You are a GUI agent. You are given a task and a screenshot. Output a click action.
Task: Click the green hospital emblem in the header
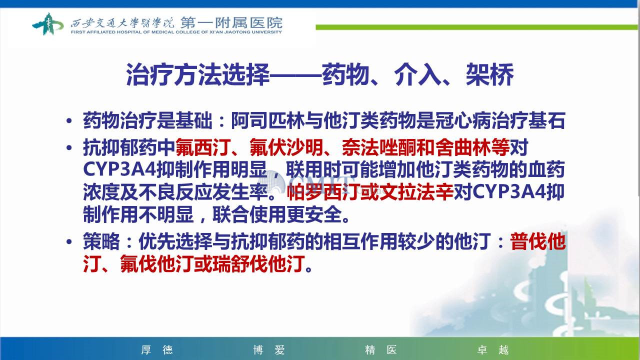(x=47, y=24)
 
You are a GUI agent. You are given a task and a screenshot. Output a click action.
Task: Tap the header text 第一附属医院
(x=231, y=22)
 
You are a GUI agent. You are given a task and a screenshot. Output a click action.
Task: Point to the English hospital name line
(x=176, y=32)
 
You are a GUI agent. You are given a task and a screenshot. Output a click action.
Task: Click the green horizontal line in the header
(x=476, y=27)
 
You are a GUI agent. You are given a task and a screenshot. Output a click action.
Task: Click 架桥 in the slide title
(x=489, y=74)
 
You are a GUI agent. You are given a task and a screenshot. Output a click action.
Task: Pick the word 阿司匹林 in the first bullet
(x=267, y=120)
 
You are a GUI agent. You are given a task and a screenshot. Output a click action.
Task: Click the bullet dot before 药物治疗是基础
(x=69, y=121)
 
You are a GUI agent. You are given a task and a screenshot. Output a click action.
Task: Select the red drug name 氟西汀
(x=203, y=147)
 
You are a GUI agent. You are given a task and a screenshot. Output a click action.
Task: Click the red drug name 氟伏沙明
(x=286, y=147)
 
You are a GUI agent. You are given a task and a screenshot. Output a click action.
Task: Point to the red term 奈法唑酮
(x=378, y=147)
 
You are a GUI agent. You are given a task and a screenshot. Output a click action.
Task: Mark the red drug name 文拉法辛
(x=416, y=191)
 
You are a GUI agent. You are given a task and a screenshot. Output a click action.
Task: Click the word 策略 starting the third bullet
(x=101, y=241)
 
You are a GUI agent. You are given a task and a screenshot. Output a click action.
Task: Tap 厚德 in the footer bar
(x=157, y=349)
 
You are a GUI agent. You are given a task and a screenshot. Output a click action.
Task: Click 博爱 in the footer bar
(x=269, y=349)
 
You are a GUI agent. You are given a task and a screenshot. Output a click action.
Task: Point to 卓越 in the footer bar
(x=493, y=349)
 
